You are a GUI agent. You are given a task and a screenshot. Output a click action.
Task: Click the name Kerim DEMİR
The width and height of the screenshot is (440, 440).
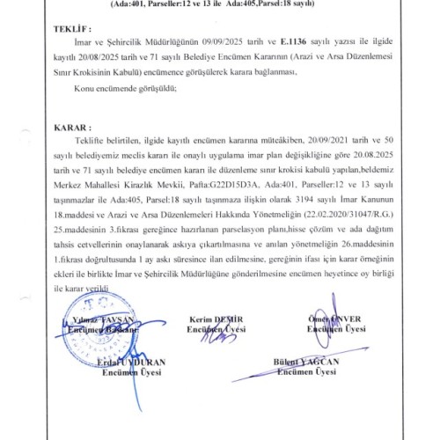[214, 319]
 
